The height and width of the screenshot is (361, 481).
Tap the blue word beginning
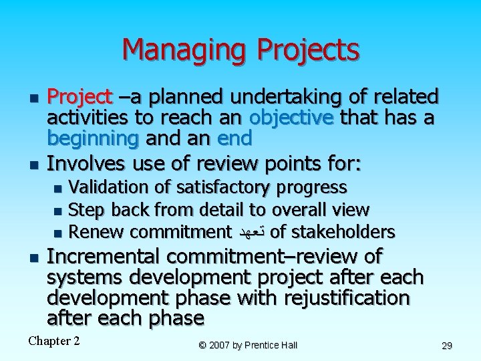(92, 138)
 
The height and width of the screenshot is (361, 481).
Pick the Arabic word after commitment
(253, 233)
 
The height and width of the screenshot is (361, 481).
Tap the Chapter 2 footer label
(54, 341)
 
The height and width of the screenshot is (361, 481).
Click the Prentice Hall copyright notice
(247, 345)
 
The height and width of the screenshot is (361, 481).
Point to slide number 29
(447, 346)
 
